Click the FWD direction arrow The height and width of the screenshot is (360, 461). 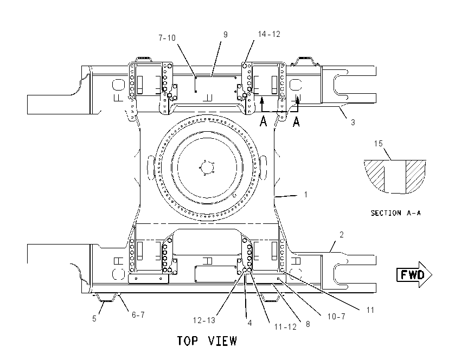(x=414, y=274)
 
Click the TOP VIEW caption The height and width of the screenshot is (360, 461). (x=207, y=341)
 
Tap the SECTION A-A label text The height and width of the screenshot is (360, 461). (x=395, y=213)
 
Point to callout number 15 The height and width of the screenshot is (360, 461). (x=379, y=144)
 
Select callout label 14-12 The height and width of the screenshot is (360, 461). (x=269, y=34)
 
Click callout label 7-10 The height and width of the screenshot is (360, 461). (x=167, y=38)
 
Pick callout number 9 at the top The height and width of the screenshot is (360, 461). (x=226, y=35)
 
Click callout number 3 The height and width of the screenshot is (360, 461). (x=353, y=122)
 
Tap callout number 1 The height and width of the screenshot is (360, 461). (x=306, y=195)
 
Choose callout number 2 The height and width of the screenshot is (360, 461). (x=341, y=235)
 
